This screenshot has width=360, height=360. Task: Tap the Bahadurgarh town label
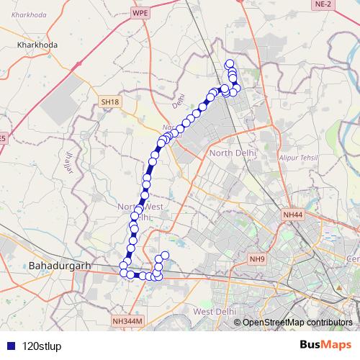pos(60,266)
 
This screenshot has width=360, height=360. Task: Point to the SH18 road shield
pos(109,103)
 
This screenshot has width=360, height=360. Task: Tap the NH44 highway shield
pos(294,215)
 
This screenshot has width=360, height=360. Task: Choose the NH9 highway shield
pos(257,258)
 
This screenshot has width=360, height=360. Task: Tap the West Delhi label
pos(215,311)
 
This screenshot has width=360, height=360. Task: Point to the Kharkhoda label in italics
pos(25,14)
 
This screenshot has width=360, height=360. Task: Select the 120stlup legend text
pos(42,345)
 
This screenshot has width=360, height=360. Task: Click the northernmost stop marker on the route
pos(230,63)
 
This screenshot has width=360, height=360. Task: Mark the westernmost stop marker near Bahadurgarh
pos(123,268)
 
